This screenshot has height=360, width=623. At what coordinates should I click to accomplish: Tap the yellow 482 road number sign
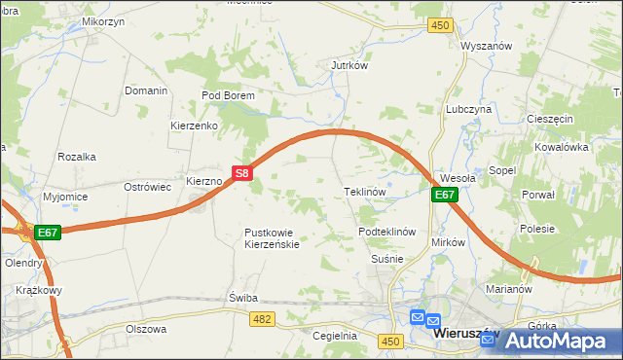(x=261, y=318)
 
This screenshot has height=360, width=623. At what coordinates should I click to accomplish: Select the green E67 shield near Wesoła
(x=445, y=195)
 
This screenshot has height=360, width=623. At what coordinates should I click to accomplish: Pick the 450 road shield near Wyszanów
(x=441, y=25)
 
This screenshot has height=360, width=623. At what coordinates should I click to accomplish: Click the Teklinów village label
(x=366, y=192)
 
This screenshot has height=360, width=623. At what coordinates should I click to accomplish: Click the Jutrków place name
(x=348, y=65)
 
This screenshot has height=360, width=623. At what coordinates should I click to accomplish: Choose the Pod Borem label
(x=228, y=95)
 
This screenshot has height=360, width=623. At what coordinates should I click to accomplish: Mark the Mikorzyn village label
(x=103, y=20)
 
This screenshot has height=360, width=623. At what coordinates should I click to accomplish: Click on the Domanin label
(x=146, y=90)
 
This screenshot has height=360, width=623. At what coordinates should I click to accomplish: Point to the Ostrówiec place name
(x=148, y=186)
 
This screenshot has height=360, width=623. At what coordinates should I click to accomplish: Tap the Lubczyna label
(x=468, y=110)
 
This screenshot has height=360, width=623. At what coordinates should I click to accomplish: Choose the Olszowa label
(x=146, y=329)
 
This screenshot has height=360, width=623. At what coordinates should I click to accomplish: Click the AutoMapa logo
(x=556, y=341)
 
